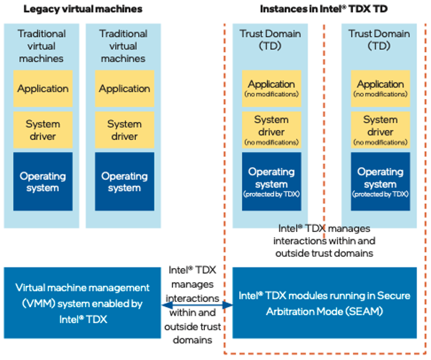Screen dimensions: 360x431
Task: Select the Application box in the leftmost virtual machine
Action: pyautogui.click(x=43, y=89)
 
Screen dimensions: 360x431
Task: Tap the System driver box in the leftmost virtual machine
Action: pyautogui.click(x=43, y=129)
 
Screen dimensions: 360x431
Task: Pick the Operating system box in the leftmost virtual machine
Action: pyautogui.click(x=43, y=182)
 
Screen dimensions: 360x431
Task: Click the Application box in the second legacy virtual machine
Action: pyautogui.click(x=124, y=89)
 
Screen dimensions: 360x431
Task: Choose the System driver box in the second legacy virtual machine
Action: pyautogui.click(x=124, y=129)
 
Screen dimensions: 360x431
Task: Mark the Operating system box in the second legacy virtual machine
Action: pyautogui.click(x=124, y=182)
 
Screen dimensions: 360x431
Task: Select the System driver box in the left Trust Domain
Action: pyautogui.click(x=271, y=129)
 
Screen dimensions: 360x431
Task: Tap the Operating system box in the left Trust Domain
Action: pyautogui.click(x=271, y=181)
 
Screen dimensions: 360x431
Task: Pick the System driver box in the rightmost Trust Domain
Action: pyautogui.click(x=380, y=129)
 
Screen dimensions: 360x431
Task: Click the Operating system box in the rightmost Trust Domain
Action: pyautogui.click(x=380, y=181)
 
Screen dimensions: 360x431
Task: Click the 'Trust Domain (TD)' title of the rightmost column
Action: pyautogui.click(x=379, y=40)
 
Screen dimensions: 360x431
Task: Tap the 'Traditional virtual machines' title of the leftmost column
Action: pyautogui.click(x=42, y=46)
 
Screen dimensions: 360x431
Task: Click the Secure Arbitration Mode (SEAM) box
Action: pyautogui.click(x=325, y=303)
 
